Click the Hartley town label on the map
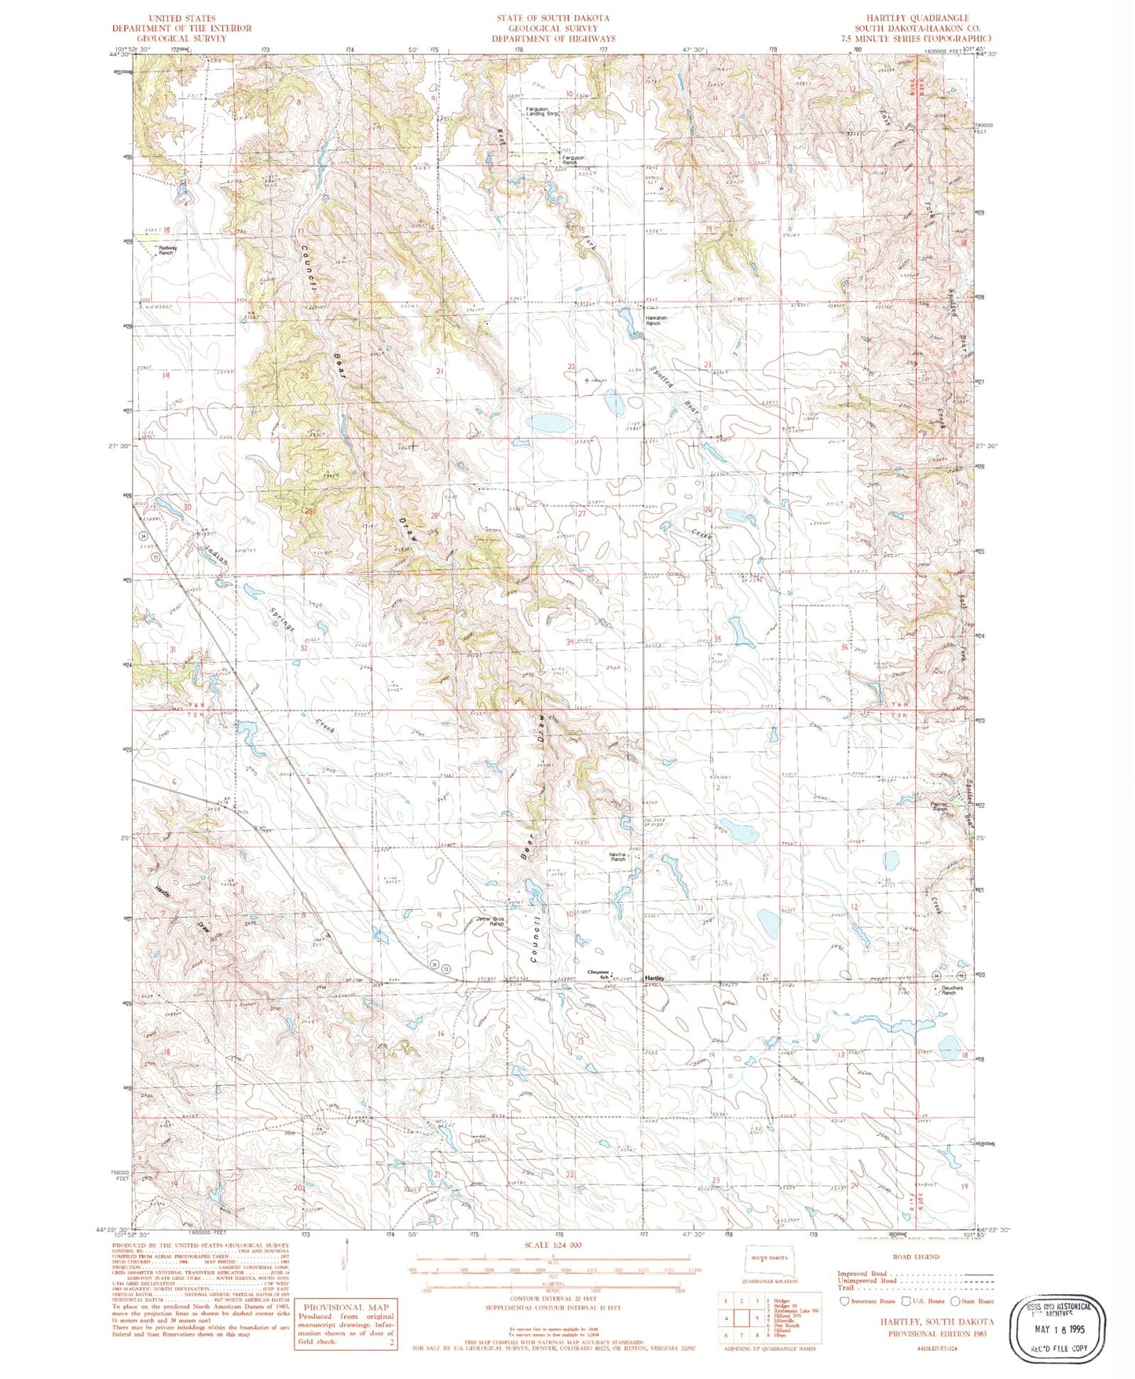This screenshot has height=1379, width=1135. click(654, 977)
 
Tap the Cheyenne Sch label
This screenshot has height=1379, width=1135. click(599, 974)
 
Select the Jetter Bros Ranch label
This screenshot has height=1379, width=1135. click(496, 922)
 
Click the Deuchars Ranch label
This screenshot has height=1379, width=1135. click(949, 991)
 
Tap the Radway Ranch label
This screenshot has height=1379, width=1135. click(167, 251)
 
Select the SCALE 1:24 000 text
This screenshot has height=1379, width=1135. click(551, 1245)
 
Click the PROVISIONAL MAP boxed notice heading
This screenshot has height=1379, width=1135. click(346, 1306)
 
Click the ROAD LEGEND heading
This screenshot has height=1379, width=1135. click(917, 1256)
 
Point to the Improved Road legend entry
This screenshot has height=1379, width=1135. click(864, 1274)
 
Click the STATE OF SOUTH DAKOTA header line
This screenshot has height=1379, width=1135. click(552, 17)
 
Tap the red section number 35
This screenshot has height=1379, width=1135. click(716, 640)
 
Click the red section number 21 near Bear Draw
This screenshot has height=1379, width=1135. click(441, 370)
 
